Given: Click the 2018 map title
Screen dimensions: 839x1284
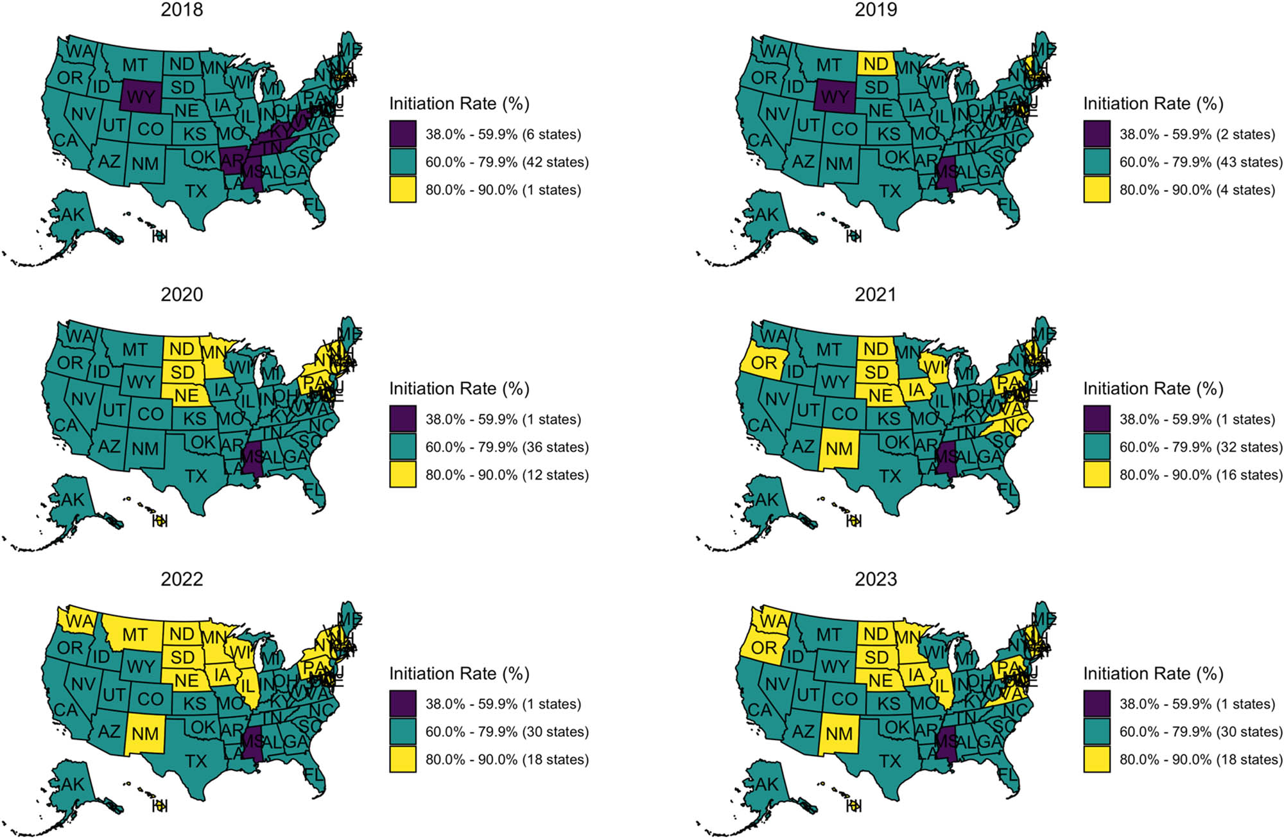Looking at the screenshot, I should (182, 10).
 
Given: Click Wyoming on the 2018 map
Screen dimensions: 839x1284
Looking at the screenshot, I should (141, 96).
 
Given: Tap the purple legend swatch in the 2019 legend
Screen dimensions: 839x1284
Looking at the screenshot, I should (1097, 134).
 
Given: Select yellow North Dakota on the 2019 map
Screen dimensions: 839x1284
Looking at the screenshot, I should (876, 64).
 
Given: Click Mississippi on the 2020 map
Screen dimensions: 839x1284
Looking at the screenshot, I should (252, 458).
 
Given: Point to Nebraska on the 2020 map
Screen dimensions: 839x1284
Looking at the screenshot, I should (186, 395).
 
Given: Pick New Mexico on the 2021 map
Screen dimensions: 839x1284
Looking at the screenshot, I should (839, 448).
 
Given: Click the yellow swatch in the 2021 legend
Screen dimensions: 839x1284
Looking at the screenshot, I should (1097, 474).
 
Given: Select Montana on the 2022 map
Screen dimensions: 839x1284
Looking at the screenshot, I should (134, 634).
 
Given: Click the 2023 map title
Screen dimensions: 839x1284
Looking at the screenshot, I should (876, 579).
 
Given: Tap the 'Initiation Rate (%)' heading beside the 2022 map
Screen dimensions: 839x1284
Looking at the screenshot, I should (459, 673).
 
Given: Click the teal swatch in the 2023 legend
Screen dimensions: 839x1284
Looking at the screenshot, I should (1097, 731).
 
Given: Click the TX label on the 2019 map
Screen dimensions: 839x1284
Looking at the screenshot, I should (890, 191).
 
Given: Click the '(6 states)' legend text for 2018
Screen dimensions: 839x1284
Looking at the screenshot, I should (551, 134).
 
